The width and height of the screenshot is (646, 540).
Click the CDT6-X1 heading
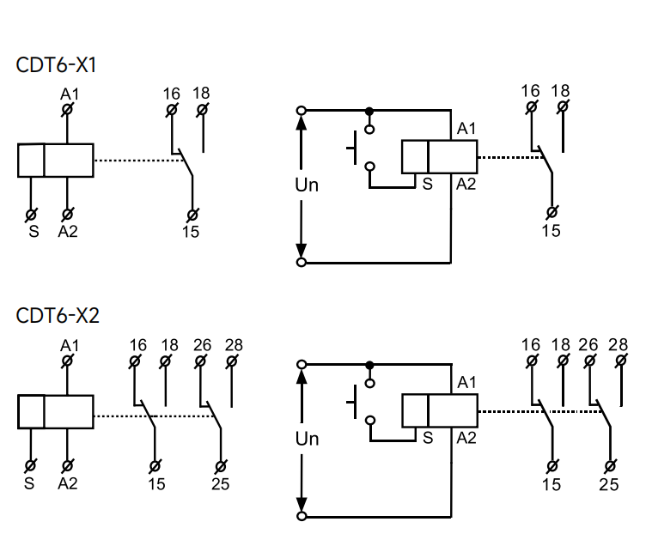(x=56, y=65)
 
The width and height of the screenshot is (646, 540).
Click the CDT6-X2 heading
(x=58, y=316)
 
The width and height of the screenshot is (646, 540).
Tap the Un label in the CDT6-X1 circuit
(x=307, y=185)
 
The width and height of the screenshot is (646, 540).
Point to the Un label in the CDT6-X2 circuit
(x=308, y=439)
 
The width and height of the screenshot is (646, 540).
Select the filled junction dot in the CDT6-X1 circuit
(x=369, y=111)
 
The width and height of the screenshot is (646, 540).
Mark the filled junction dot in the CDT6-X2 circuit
(x=370, y=365)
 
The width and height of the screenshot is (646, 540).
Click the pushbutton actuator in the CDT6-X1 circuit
(x=352, y=148)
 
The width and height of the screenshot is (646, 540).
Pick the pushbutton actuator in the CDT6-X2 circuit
(x=352, y=402)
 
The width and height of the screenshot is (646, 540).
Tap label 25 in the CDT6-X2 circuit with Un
(x=609, y=484)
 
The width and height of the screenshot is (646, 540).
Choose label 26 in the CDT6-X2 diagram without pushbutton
(x=202, y=345)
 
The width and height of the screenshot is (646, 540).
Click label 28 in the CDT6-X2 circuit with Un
(x=618, y=344)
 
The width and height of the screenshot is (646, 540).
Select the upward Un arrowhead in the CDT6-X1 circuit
(x=302, y=123)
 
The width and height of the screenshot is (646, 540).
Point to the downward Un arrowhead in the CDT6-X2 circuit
(x=302, y=505)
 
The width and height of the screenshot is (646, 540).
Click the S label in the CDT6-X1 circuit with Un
(x=428, y=184)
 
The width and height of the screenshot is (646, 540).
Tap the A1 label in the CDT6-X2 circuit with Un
(x=466, y=382)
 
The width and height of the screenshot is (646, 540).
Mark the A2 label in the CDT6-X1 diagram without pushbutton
(x=68, y=232)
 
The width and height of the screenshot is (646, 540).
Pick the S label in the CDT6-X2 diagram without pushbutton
(x=29, y=483)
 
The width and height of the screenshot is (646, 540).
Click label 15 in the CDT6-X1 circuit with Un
(x=552, y=231)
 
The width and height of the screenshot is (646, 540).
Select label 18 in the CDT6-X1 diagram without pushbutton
(x=201, y=93)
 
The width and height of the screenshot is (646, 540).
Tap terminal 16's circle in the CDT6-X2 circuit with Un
(x=532, y=361)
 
